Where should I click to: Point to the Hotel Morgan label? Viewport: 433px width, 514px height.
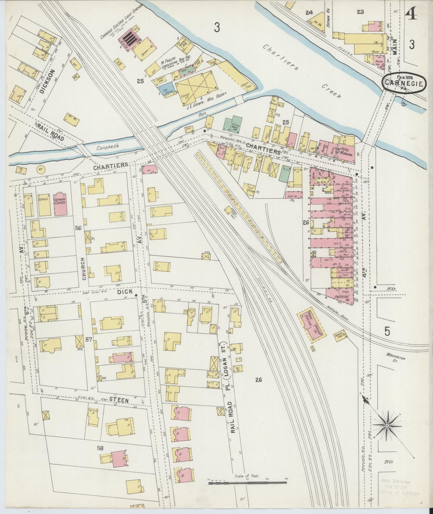tap(346, 147)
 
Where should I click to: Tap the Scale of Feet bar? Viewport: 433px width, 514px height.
tap(247, 483)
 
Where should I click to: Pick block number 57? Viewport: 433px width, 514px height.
tap(89, 340)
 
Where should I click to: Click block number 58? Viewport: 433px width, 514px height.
tap(100, 448)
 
